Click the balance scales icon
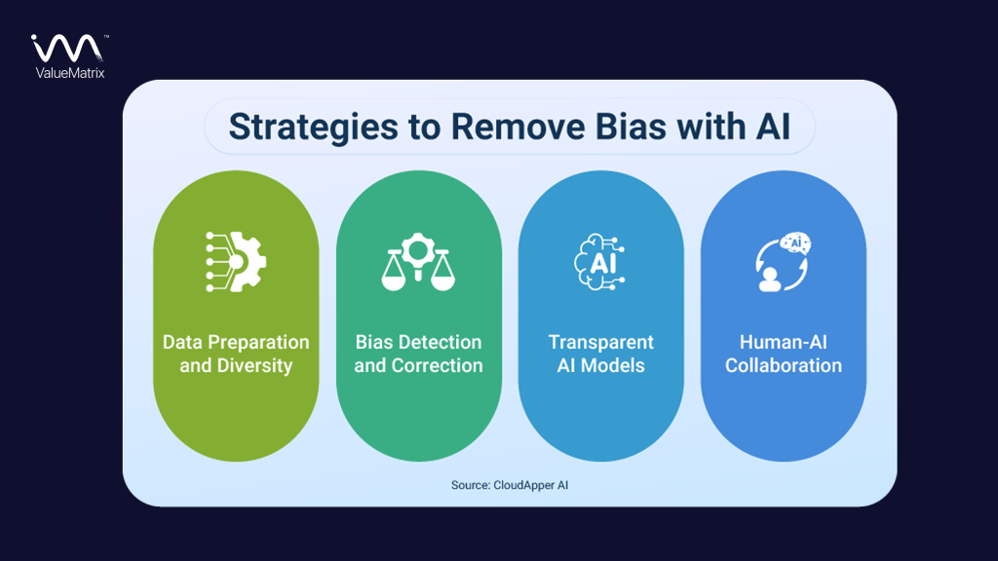point(418,261)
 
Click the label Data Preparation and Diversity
point(236,355)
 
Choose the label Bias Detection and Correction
point(418,355)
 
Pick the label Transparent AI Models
point(600,355)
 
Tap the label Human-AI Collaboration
point(783,355)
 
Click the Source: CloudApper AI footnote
point(510,484)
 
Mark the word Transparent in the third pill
point(600,343)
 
